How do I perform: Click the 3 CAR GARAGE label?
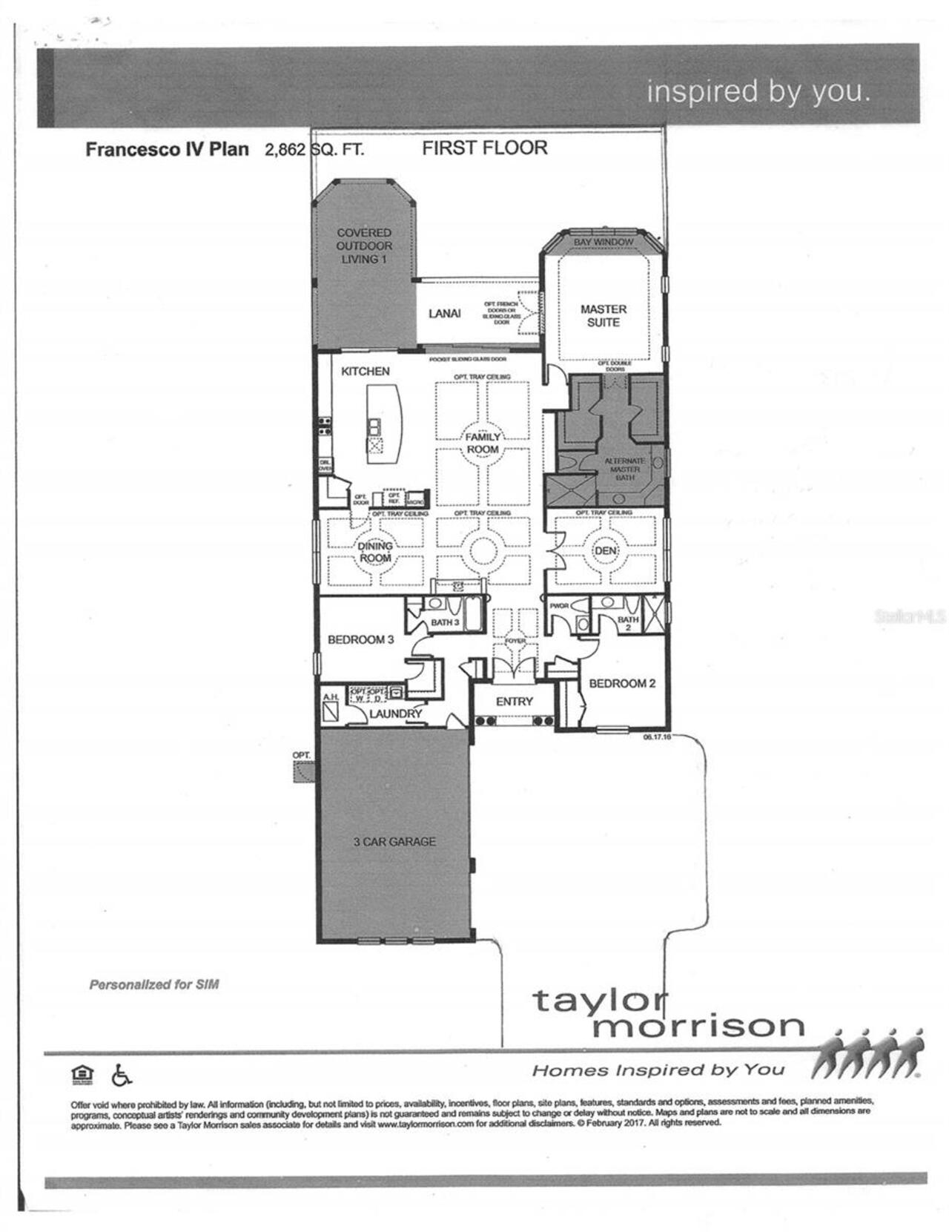394,841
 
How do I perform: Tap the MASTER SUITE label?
603,315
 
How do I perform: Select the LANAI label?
444,313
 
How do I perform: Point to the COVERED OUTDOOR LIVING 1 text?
364,246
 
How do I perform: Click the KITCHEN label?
365,371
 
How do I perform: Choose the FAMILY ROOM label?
483,443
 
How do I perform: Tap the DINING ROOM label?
375,551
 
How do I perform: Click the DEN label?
605,550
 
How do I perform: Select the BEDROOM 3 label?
360,639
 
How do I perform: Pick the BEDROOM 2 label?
622,683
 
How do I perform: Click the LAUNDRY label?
395,713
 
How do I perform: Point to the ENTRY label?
514,701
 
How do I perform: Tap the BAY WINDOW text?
604,242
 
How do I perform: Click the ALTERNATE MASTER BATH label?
625,469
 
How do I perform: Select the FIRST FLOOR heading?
485,148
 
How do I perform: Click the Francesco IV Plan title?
167,149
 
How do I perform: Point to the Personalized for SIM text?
153,984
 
